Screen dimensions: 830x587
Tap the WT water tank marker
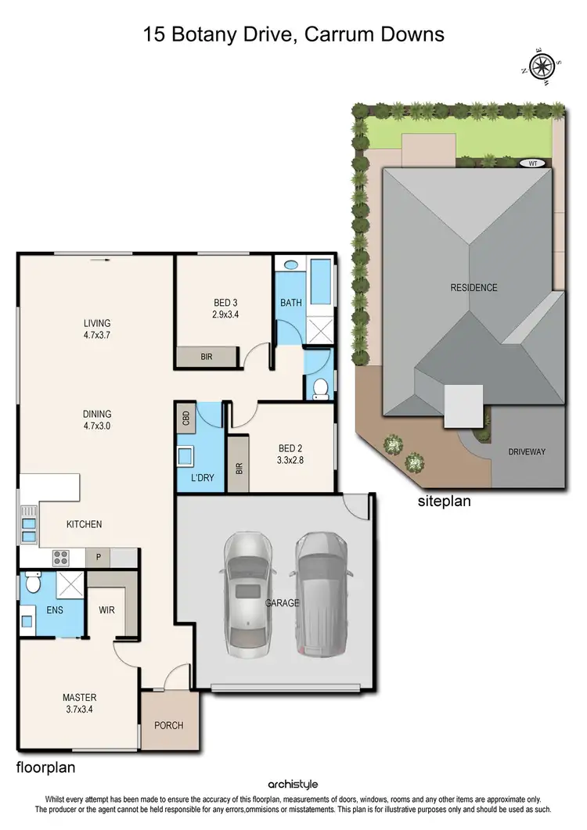(533, 163)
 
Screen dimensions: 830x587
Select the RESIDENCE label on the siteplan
(473, 288)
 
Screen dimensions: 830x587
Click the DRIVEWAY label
(527, 452)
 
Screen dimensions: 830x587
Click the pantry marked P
(99, 558)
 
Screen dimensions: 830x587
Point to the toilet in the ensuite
(32, 582)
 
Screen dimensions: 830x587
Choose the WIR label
(107, 609)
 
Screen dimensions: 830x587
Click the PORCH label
(168, 725)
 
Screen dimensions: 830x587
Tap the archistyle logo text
(293, 784)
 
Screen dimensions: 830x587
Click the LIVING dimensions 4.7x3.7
(98, 335)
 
